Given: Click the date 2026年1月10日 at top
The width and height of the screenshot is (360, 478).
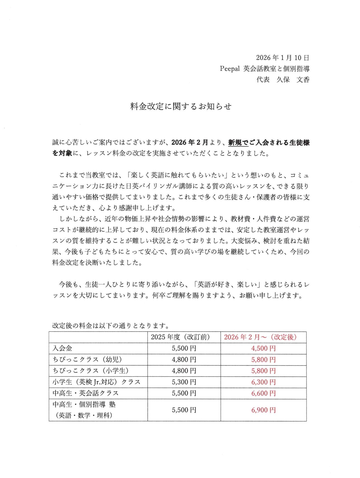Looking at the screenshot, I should [x=283, y=58].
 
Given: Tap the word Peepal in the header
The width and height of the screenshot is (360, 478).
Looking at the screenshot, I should [x=230, y=69].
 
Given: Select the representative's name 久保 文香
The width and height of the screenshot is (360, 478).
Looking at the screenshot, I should [x=293, y=80].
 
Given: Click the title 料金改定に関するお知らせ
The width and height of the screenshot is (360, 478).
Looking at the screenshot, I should [x=181, y=106].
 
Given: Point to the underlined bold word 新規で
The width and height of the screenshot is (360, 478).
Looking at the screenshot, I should [x=238, y=142].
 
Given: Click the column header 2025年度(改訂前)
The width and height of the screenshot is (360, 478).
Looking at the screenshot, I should [x=184, y=337].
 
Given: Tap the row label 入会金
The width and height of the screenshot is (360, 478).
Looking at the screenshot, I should [x=62, y=348].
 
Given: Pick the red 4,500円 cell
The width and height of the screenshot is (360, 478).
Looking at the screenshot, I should [x=263, y=348].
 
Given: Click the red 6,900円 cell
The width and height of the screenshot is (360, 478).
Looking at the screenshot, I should [x=263, y=410].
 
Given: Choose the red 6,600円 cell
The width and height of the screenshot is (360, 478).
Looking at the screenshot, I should [x=263, y=393].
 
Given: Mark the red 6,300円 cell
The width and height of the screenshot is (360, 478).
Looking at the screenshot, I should [x=263, y=382].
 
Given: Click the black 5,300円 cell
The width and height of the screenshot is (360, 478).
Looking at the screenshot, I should [x=184, y=382].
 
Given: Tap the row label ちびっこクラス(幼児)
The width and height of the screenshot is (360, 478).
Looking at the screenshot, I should [x=88, y=360].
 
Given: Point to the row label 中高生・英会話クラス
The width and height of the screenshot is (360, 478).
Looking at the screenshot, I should [x=86, y=393].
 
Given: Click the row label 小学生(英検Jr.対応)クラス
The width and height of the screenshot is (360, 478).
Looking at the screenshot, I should [x=97, y=382].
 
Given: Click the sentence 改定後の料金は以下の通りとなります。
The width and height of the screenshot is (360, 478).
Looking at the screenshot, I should [x=111, y=325].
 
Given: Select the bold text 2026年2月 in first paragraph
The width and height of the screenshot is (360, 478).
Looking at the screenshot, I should [x=190, y=142].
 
